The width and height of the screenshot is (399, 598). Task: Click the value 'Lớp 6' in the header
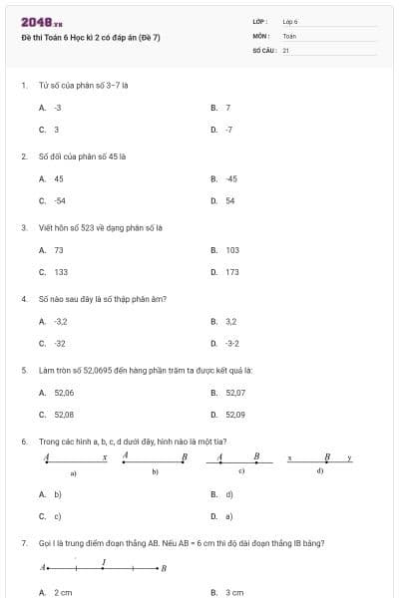tap(290, 21)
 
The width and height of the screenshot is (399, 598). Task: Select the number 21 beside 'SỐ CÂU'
tap(285, 49)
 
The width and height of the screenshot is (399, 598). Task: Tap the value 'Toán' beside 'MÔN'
tap(289, 35)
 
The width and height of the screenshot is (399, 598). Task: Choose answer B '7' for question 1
tap(228, 107)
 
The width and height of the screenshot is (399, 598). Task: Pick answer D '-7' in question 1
tap(228, 130)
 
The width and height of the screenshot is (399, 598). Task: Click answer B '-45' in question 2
tap(230, 178)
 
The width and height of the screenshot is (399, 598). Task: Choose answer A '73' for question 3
tap(58, 250)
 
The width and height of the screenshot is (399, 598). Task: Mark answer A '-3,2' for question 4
tap(60, 321)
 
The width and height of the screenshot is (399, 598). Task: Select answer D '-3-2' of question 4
tap(231, 344)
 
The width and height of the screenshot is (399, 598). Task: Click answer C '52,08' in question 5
tap(64, 415)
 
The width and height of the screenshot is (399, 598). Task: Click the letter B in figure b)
tap(184, 456)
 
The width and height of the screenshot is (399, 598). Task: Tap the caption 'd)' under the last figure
tap(319, 469)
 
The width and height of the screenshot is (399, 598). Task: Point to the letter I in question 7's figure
tap(104, 562)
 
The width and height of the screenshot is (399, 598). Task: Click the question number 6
tap(23, 441)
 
